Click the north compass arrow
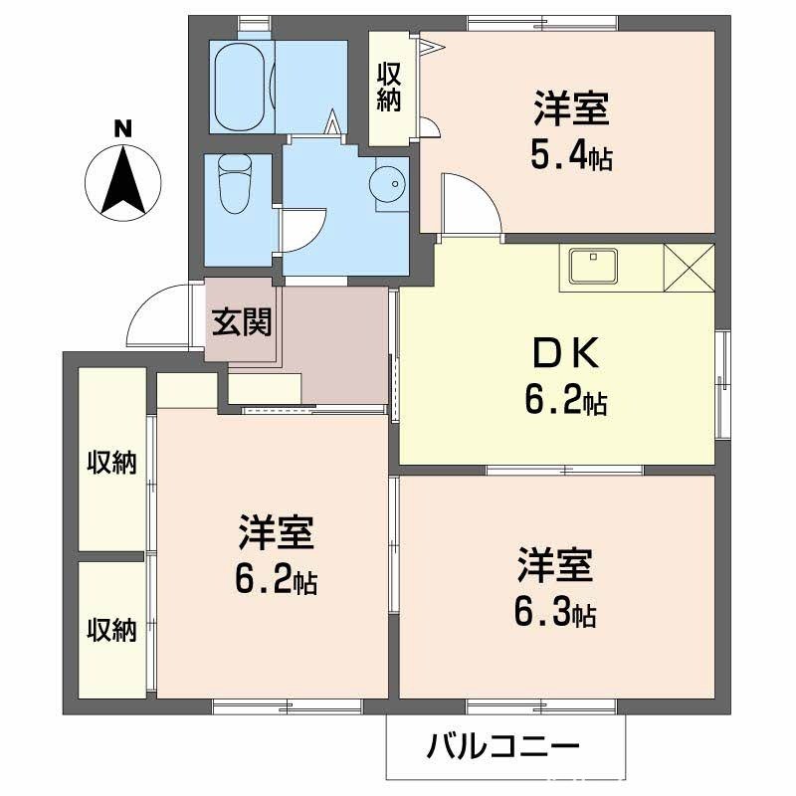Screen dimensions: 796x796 (122, 182)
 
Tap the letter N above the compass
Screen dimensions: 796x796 (121, 128)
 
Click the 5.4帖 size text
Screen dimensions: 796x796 (570, 154)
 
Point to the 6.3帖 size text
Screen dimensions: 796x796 (553, 614)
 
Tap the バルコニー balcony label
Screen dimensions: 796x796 (503, 745)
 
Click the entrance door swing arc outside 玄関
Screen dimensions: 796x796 (159, 312)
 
